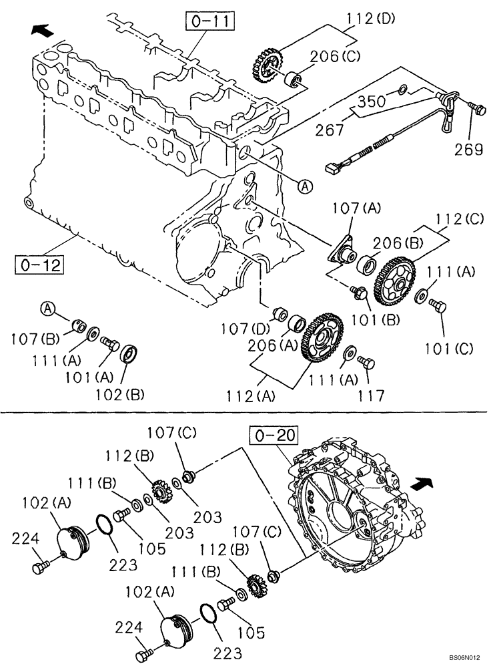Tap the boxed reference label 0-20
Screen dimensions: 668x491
coord(272,436)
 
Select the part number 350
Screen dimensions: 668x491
coord(370,102)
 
